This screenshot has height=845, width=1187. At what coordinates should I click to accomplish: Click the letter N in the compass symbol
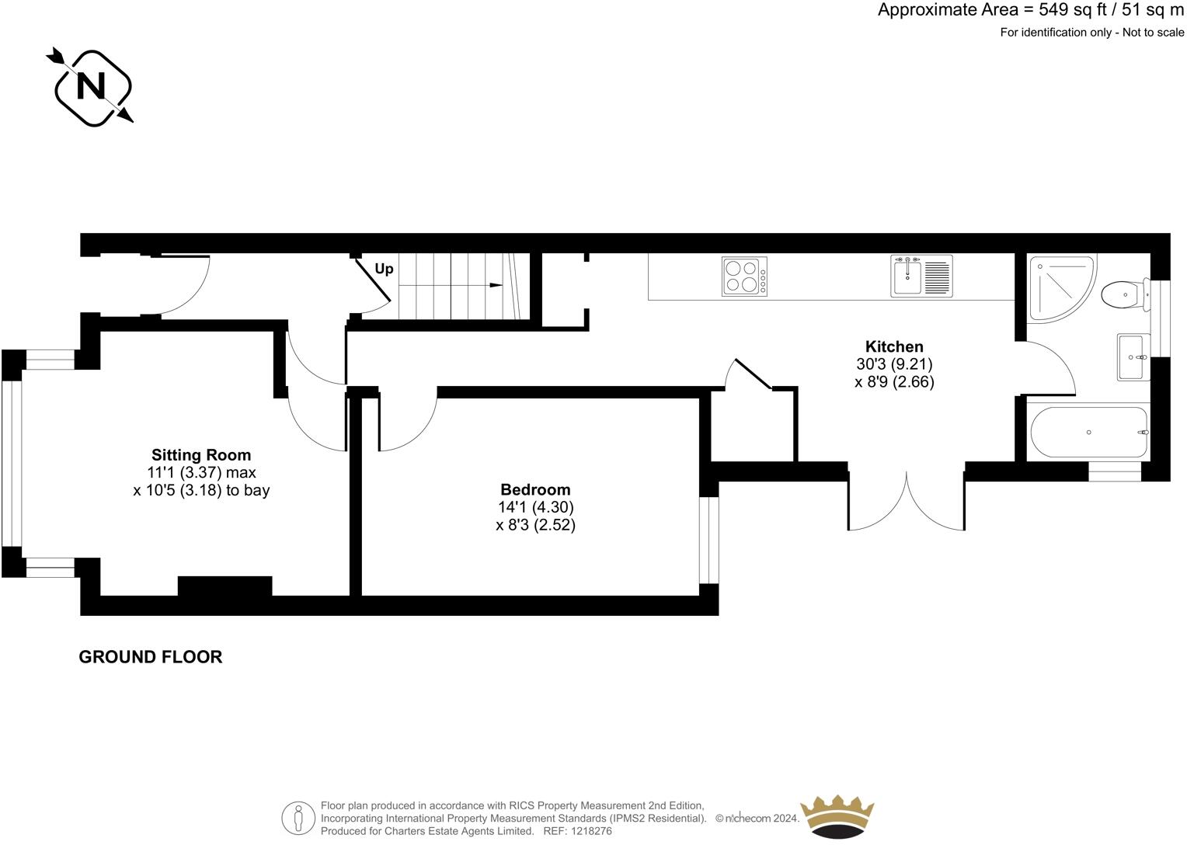92,86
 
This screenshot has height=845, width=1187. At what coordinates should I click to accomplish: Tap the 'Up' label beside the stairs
384,269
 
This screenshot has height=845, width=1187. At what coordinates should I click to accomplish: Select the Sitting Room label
201,455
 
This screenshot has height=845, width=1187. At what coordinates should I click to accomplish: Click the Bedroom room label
535,489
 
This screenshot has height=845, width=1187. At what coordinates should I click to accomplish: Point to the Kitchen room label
894,346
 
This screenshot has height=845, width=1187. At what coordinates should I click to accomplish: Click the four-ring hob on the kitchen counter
744,276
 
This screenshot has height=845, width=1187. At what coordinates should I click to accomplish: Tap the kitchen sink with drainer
921,277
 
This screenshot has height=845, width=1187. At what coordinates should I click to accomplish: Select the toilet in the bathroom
1123,294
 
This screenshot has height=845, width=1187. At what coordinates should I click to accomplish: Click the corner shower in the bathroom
1058,287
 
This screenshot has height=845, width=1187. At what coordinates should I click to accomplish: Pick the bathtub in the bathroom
1088,433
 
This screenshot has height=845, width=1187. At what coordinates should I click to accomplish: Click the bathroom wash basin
1133,357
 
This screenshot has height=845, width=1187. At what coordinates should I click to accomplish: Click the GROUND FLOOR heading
151,657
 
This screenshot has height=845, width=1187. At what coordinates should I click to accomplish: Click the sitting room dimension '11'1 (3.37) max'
201,472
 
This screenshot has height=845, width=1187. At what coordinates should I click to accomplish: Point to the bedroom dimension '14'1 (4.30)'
535,507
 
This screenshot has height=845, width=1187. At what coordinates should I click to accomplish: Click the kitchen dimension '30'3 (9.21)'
894,363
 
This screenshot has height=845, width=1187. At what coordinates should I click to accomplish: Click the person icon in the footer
298,818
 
